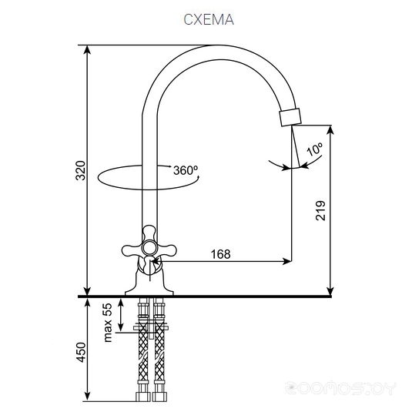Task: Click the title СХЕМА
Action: pyautogui.click(x=209, y=19)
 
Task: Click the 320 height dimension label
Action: pyautogui.click(x=80, y=170)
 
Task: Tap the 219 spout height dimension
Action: pyautogui.click(x=320, y=210)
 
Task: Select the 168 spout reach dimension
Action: pyautogui.click(x=221, y=254)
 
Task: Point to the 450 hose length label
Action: pyautogui.click(x=80, y=353)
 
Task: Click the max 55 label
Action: pyautogui.click(x=108, y=323)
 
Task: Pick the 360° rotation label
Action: pyautogui.click(x=186, y=170)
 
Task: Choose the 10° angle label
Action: pyautogui.click(x=314, y=149)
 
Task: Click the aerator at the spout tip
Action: pyautogui.click(x=290, y=117)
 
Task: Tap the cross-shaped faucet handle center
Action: pyautogui.click(x=149, y=247)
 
